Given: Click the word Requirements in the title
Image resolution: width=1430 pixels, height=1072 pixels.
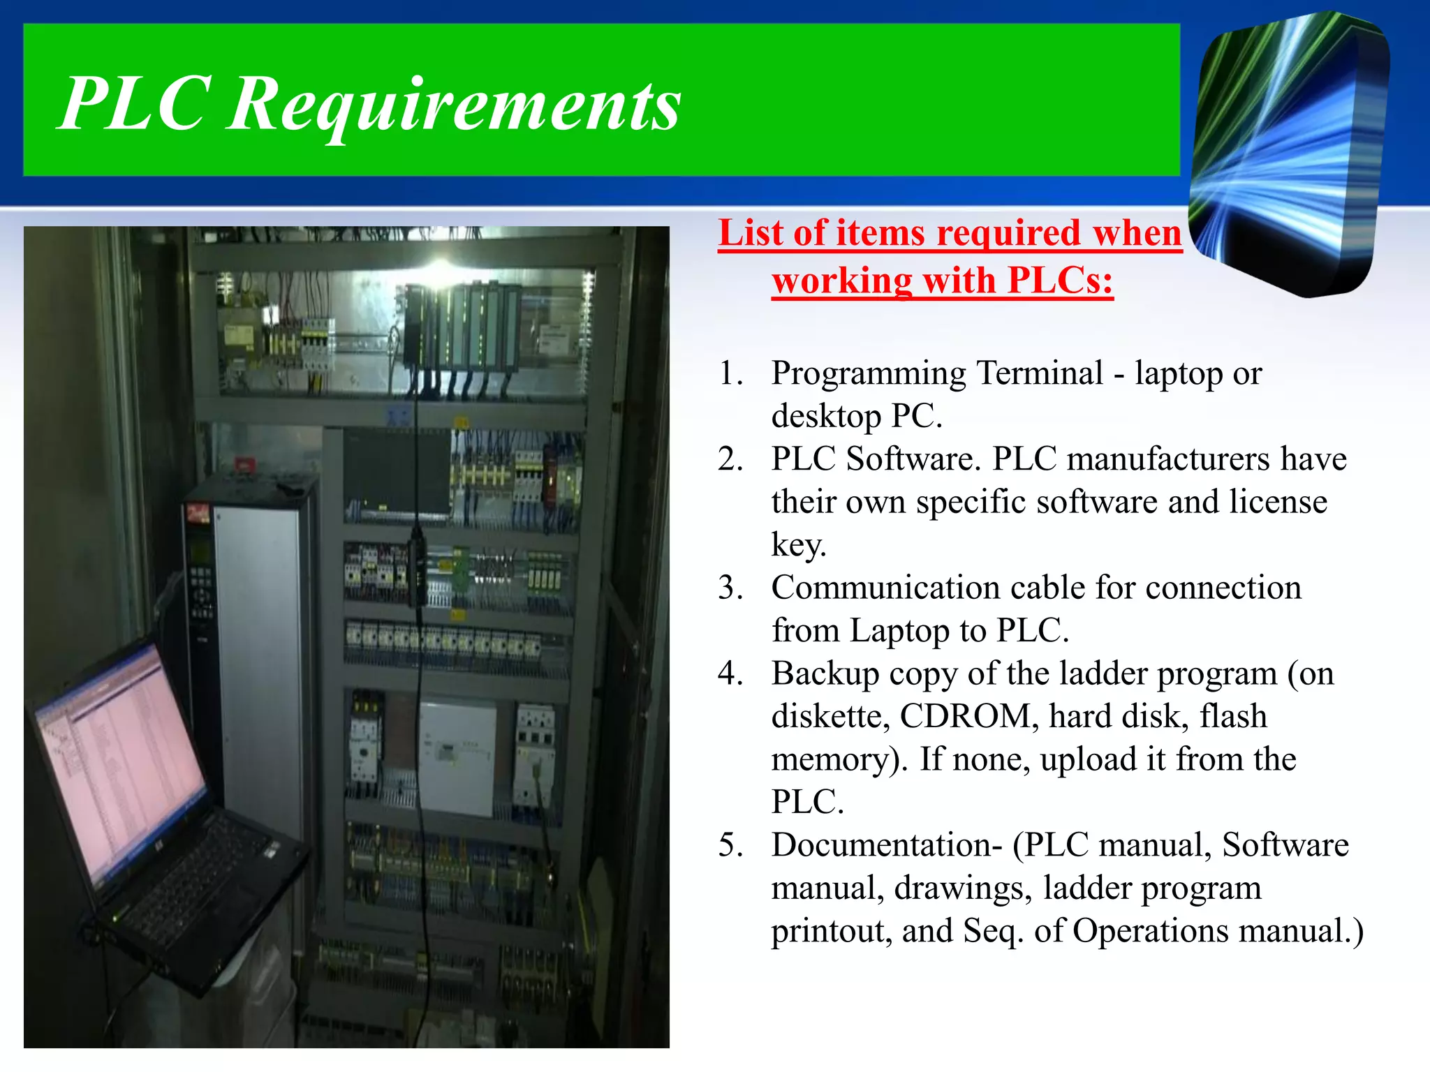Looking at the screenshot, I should click(x=454, y=105).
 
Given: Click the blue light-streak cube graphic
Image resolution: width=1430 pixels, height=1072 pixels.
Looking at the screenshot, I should click(x=1288, y=154).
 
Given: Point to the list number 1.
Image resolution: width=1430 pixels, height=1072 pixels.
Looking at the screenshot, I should click(x=730, y=373).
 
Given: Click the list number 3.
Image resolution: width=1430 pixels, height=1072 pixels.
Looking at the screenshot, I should click(x=730, y=588).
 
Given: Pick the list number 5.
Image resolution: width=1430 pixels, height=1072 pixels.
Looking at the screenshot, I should click(x=730, y=845).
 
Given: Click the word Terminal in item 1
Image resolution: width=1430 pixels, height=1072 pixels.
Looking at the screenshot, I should click(x=1039, y=373).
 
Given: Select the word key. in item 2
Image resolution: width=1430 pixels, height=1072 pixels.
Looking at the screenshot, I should click(x=798, y=545).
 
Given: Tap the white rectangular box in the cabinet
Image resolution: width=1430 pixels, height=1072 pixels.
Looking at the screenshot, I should click(x=457, y=757).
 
